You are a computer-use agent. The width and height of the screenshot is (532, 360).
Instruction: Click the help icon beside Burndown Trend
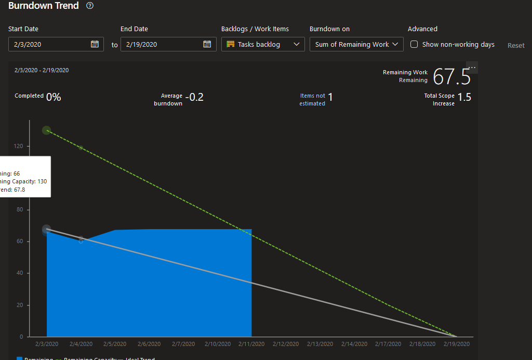pos(90,6)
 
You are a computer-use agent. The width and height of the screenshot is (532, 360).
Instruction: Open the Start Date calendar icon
pos(95,44)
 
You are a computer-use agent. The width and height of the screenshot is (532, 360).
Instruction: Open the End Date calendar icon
pos(207,44)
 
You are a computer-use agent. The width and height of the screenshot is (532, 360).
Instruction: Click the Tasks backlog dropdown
pos(263,44)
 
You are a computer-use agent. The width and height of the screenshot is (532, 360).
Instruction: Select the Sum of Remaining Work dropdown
pos(356,44)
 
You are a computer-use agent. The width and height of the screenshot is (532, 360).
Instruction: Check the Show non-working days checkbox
pos(414,44)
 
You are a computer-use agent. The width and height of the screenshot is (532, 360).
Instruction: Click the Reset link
pos(516,45)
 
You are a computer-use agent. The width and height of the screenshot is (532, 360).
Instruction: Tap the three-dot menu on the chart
pos(472,68)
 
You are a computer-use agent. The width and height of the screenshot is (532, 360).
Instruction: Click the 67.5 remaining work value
pos(451,77)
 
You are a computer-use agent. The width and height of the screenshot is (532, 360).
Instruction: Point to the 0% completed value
pos(54,97)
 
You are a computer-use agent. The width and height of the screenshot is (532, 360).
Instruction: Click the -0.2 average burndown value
pos(194,97)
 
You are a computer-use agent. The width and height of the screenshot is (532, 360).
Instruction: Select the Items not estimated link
pos(312,99)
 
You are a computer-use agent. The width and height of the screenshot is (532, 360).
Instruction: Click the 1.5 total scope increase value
pos(464,97)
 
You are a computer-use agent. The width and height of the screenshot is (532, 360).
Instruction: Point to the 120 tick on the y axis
pos(19,146)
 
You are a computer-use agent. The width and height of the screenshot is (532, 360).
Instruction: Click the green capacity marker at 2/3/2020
pos(46,130)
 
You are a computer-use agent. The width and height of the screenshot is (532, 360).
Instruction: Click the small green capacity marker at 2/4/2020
pos(81,148)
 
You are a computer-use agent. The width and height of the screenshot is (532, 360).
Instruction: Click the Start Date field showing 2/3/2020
pos(49,44)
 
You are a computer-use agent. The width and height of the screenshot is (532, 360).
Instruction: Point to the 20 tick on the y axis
pos(20,305)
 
